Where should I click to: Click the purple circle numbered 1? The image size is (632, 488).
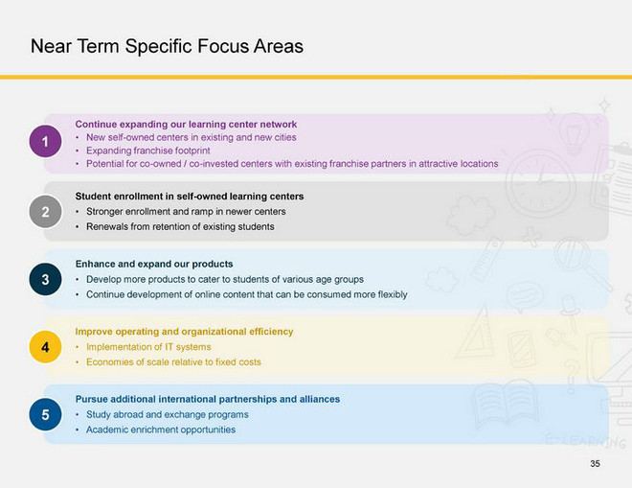(45, 141)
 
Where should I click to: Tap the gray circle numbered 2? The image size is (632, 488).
(45, 212)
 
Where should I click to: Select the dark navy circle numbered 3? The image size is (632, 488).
(45, 279)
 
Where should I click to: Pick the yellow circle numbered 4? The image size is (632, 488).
(45, 347)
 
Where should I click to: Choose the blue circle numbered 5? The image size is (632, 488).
(45, 414)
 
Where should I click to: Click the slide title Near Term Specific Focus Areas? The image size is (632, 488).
(167, 46)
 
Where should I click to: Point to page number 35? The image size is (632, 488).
(595, 464)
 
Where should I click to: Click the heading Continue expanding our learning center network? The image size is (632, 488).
(186, 125)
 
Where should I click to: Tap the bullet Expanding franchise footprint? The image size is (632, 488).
(147, 151)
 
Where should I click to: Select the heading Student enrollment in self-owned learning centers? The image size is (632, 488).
(190, 197)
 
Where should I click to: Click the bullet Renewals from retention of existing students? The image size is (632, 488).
(180, 226)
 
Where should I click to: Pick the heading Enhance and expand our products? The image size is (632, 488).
(154, 264)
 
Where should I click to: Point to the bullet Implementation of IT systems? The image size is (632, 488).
(148, 347)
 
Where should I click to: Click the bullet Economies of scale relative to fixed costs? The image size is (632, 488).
(173, 362)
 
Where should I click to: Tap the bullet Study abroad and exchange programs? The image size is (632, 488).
(168, 414)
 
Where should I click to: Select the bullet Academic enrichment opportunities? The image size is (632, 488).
(161, 430)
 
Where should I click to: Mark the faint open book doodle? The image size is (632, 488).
(505, 404)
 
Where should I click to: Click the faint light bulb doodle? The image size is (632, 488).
(574, 133)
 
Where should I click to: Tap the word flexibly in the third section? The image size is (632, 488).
(393, 294)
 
